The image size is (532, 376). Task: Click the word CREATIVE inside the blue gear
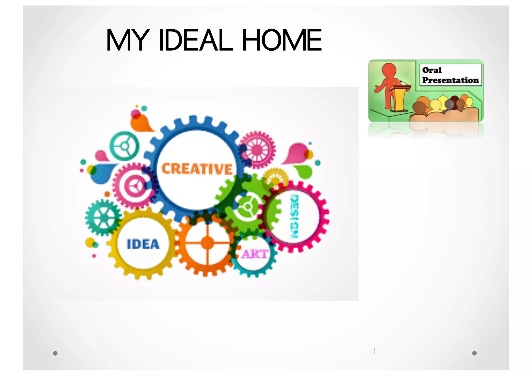(197, 169)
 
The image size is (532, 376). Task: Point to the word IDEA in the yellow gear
(143, 244)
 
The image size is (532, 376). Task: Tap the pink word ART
(254, 254)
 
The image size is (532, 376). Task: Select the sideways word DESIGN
(294, 217)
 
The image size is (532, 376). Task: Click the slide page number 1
(374, 351)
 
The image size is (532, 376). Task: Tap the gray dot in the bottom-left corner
(55, 353)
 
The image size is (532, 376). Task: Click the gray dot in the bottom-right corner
(474, 353)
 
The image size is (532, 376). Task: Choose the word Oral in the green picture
(432, 70)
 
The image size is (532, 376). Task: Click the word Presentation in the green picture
(450, 80)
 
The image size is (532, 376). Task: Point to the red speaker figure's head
(389, 70)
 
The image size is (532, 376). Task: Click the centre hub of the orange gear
(207, 243)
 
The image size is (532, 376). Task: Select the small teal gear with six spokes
(103, 218)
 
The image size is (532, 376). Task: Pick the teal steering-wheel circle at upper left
(124, 146)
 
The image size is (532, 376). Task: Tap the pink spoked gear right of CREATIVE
(257, 150)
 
